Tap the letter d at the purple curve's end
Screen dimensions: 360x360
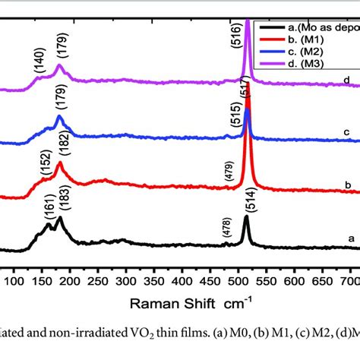click(346, 79)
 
